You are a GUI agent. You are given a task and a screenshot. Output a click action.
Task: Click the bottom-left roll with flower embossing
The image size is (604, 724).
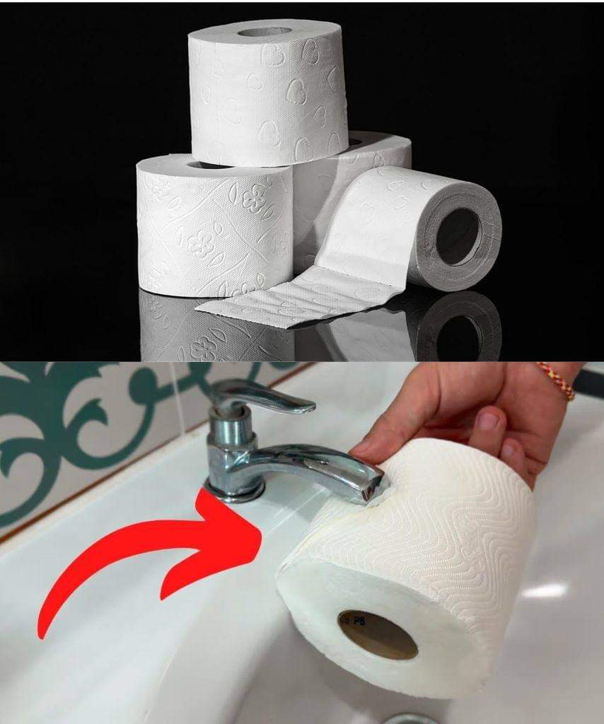[x=212, y=226]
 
